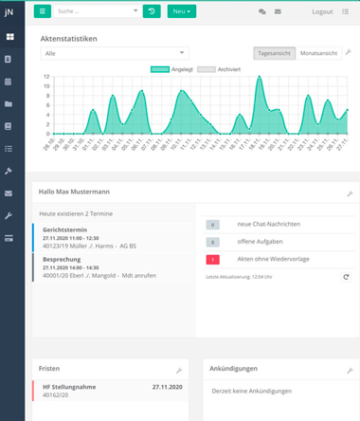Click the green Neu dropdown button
(182, 11)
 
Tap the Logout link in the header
(322, 11)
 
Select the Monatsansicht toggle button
(319, 53)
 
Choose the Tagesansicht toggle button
(275, 53)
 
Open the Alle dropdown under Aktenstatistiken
(116, 54)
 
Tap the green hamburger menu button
(43, 11)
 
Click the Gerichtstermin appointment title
(65, 230)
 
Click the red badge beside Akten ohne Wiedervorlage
(213, 259)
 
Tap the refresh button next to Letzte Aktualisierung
(346, 276)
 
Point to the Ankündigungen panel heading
(234, 368)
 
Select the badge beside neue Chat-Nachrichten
(213, 225)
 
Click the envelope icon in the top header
(278, 11)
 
